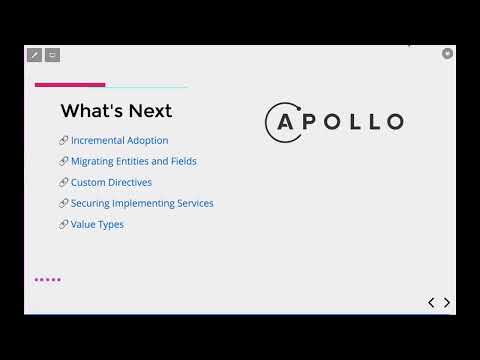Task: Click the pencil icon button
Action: [34, 55]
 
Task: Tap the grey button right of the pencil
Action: [52, 55]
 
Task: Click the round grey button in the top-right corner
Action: [447, 53]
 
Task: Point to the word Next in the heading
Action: [149, 111]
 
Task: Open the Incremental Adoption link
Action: [119, 141]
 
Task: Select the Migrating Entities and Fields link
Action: [133, 162]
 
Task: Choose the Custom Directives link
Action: [111, 183]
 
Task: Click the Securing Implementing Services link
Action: [142, 204]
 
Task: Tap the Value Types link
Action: [97, 225]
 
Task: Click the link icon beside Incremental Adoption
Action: [64, 141]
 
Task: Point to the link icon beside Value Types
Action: [64, 225]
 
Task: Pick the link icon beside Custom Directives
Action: [64, 183]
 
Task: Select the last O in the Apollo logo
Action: [393, 123]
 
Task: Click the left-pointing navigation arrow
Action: [431, 302]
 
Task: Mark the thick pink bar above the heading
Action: [70, 85]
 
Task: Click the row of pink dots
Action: [48, 280]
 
